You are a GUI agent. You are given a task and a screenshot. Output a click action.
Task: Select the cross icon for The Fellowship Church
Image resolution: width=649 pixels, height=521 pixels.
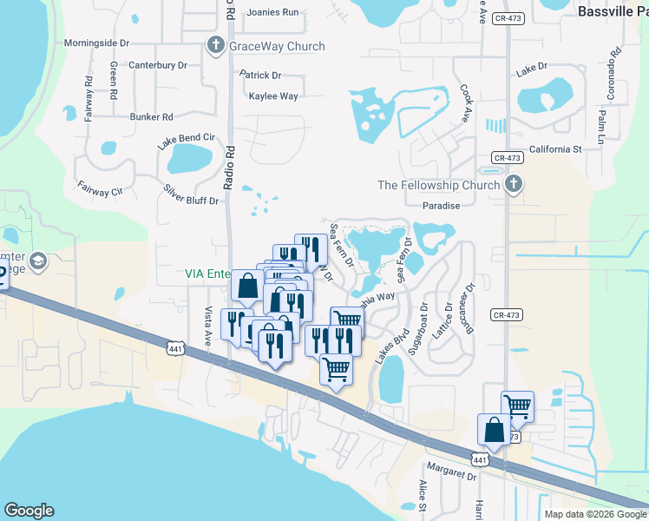click(513, 184)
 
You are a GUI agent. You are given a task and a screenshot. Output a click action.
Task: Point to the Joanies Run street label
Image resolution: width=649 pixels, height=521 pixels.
click(272, 12)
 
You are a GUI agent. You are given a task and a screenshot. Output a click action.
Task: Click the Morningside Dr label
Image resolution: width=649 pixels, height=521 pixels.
click(96, 43)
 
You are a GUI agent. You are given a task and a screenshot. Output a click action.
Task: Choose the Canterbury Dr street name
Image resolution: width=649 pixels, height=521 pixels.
click(158, 65)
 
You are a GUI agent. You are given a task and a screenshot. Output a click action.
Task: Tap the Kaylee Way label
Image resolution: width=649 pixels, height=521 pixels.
click(273, 96)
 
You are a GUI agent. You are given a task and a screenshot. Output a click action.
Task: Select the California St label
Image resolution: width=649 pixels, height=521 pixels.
click(554, 149)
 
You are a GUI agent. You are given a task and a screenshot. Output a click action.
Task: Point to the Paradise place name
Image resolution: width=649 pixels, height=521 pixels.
click(441, 206)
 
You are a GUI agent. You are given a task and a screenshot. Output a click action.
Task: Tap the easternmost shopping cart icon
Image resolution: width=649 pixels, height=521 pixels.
click(517, 405)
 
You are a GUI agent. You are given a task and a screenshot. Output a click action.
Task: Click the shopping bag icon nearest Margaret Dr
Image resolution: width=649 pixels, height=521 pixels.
click(494, 428)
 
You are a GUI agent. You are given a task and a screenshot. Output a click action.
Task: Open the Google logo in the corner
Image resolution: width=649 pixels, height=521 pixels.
click(29, 511)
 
